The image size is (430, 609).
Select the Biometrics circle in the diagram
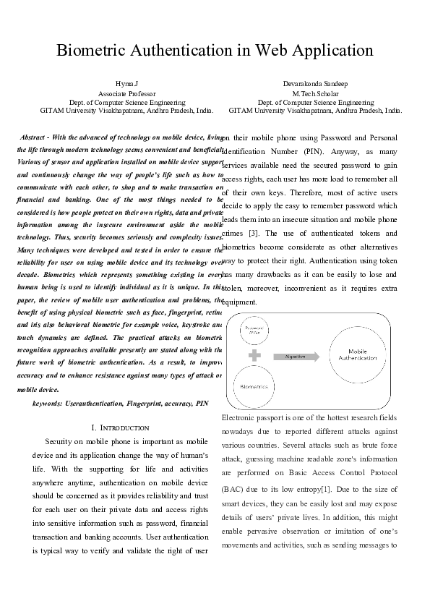[254, 387]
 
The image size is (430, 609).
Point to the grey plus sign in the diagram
[254, 355]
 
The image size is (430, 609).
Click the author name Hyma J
[126, 85]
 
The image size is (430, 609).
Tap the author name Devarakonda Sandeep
[315, 85]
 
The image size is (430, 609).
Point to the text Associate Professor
[126, 94]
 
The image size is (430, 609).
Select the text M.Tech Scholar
[315, 94]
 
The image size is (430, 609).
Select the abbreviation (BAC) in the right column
[234, 489]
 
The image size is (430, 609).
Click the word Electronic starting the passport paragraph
[240, 419]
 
